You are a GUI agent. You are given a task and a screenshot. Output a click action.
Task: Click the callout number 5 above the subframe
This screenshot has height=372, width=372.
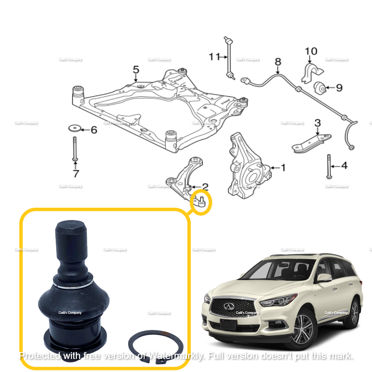pos(136,70)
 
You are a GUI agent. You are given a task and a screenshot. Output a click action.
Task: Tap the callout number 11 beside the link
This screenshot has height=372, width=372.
pos(214,56)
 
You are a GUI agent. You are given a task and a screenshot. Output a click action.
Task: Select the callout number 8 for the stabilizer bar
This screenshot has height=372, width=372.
pos(278,62)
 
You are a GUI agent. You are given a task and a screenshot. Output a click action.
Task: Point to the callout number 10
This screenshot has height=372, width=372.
pos(311,51)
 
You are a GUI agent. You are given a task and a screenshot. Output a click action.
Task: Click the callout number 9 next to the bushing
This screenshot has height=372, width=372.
pos(339,88)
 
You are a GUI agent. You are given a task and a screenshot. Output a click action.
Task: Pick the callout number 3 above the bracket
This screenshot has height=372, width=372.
pos(318,123)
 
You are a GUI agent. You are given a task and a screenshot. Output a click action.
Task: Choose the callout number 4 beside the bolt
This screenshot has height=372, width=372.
pos(344,166)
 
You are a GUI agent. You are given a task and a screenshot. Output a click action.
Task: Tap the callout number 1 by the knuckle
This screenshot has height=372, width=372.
pos(283,168)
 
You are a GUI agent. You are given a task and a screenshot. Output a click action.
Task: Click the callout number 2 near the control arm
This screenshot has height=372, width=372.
pos(205,187)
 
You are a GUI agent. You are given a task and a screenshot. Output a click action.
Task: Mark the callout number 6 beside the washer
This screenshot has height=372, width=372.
pos(94,130)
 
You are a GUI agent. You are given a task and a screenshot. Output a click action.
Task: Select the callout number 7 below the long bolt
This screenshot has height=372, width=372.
pos(76,173)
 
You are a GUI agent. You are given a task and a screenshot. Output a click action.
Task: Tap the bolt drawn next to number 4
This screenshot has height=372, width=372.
pos(329,166)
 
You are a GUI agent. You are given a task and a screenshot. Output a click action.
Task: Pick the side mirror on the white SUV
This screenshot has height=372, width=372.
pos(324,278)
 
